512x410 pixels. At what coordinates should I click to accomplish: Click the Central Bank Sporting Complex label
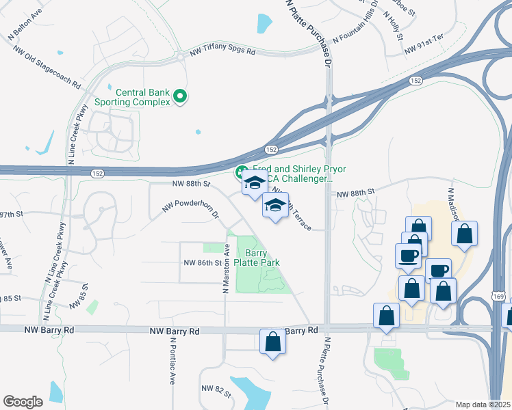pyautogui.click(x=142, y=97)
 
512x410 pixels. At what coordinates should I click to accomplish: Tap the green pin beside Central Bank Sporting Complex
pyautogui.click(x=180, y=97)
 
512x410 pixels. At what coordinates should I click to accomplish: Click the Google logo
pyautogui.click(x=23, y=402)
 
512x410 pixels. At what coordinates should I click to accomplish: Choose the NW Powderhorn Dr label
pyautogui.click(x=190, y=208)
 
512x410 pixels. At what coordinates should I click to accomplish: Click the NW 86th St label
pyautogui.click(x=203, y=262)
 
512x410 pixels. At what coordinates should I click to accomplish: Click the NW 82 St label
pyautogui.click(x=212, y=389)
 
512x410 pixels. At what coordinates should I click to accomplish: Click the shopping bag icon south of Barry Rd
pyautogui.click(x=272, y=342)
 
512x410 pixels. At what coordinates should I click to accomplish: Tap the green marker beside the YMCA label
pyautogui.click(x=240, y=171)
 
